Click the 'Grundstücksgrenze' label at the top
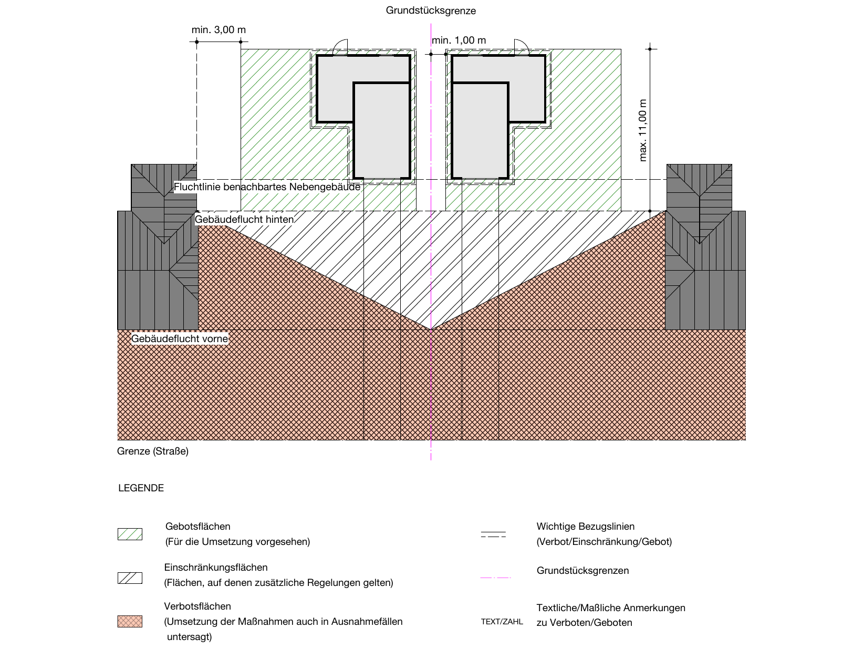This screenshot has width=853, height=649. click(431, 11)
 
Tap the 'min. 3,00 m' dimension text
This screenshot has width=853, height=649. click(219, 30)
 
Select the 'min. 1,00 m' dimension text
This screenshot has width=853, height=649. click(459, 40)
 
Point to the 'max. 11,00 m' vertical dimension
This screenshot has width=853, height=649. click(643, 130)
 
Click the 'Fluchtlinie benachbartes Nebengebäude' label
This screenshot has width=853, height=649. click(267, 187)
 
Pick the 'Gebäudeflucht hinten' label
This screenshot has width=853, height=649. click(244, 219)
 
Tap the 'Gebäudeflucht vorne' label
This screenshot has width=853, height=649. click(180, 338)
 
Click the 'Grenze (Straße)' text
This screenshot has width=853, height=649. click(153, 451)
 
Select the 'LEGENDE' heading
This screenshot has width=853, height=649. click(141, 488)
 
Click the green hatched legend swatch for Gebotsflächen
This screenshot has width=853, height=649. click(130, 534)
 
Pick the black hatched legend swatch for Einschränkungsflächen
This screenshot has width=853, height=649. click(130, 578)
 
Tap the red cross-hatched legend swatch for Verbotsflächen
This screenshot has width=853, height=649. click(130, 621)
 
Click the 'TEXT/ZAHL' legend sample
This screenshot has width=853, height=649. click(502, 622)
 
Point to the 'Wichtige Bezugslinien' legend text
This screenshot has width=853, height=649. click(585, 527)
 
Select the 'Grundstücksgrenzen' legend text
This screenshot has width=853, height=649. click(582, 571)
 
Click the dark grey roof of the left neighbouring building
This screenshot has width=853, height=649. click(158, 252)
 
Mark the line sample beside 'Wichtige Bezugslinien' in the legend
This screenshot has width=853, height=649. click(493, 534)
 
